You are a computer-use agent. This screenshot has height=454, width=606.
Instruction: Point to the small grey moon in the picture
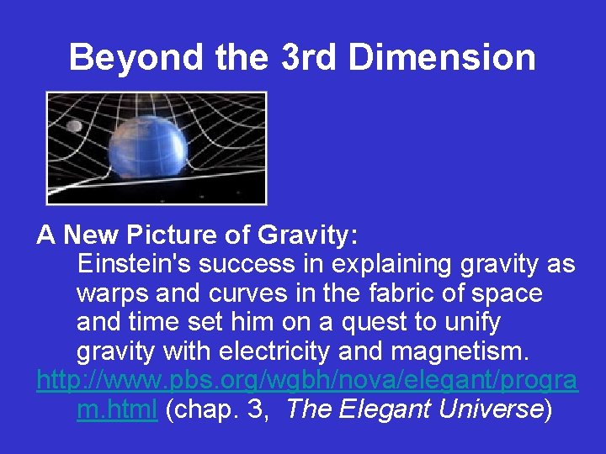click(74, 126)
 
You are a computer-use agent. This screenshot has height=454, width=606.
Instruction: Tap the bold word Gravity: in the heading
click(311, 236)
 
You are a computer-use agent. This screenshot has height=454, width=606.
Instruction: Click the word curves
click(242, 294)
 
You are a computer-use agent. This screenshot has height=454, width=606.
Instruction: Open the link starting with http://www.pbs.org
click(306, 381)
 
